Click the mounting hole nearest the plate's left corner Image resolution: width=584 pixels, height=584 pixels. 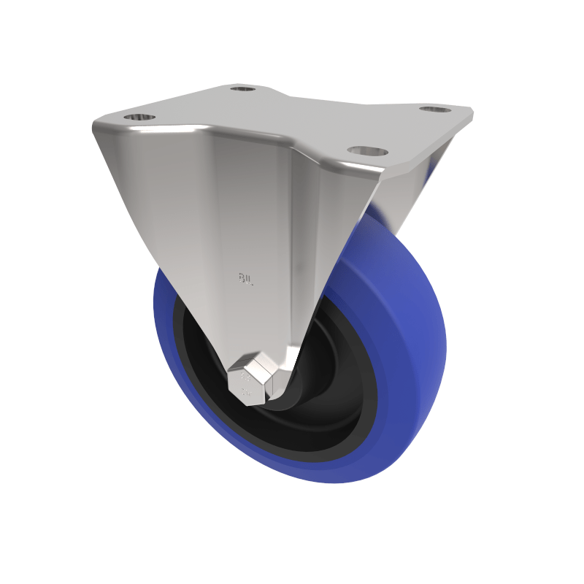tap(139, 117)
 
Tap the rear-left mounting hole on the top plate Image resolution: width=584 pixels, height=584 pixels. tap(242, 89)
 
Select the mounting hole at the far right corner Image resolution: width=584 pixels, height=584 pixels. tap(437, 109)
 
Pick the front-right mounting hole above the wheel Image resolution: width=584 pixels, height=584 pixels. tap(367, 151)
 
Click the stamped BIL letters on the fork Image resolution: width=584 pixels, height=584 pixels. tap(246, 278)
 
